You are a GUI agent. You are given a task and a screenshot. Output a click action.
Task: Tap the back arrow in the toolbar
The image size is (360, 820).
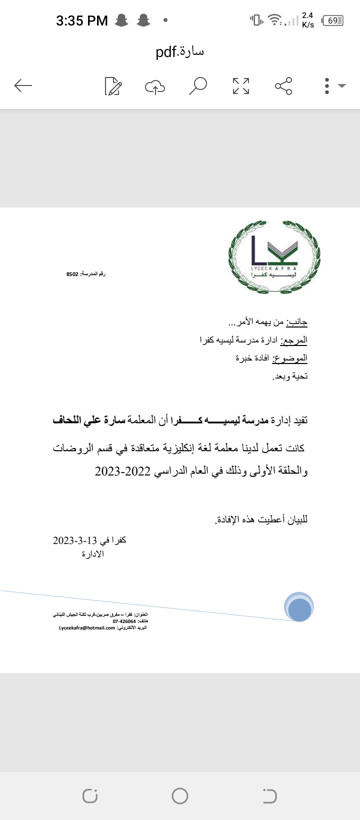pos(23,86)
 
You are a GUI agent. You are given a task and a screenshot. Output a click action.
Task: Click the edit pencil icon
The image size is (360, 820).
pos(113,86)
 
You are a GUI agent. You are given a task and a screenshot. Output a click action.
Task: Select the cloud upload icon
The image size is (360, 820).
pos(155,86)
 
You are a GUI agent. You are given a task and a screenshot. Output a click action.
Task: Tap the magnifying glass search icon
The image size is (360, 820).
pos(198,85)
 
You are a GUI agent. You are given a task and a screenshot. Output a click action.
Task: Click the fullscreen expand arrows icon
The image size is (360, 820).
pos(241,86)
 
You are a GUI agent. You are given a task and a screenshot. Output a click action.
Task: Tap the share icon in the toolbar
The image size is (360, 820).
pos(283,86)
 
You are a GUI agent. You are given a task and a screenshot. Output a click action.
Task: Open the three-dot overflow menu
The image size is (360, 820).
pos(327,86)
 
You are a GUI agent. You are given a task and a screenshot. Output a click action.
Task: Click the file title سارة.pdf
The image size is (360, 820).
pos(180,51)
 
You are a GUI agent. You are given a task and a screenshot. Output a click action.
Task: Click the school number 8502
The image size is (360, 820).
pos(72,274)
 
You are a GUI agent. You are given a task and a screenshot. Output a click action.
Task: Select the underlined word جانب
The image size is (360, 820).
pos(299,322)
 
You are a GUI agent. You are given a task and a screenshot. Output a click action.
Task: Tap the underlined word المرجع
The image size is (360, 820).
pos(294,340)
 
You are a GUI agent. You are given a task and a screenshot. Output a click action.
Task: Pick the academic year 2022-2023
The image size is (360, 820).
pos(123,471)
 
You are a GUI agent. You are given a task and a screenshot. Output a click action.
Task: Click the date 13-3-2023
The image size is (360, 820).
pos(75,540)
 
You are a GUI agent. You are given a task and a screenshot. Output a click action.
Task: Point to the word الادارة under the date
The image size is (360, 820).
pos(93,554)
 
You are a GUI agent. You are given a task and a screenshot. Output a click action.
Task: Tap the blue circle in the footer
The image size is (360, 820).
pos(299,606)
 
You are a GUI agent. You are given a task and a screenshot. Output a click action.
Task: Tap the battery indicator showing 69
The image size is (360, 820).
pos(333,20)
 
